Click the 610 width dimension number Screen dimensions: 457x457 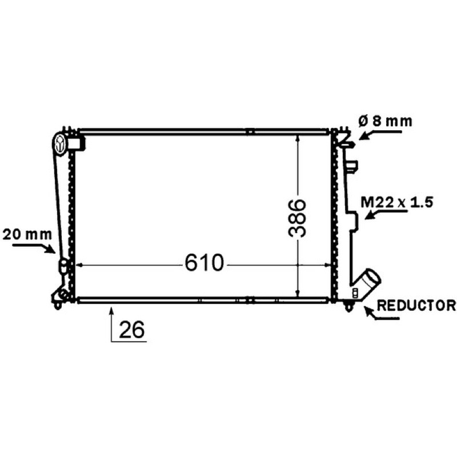point(205,262)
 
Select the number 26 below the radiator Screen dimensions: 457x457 point(132,330)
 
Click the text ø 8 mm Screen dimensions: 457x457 point(385,121)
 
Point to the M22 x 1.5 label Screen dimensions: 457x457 point(397,202)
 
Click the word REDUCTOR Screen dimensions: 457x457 point(416,305)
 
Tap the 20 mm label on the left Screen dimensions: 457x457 point(27,234)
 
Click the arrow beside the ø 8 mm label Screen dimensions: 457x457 point(380,135)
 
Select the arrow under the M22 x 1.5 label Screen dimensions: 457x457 point(386,215)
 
